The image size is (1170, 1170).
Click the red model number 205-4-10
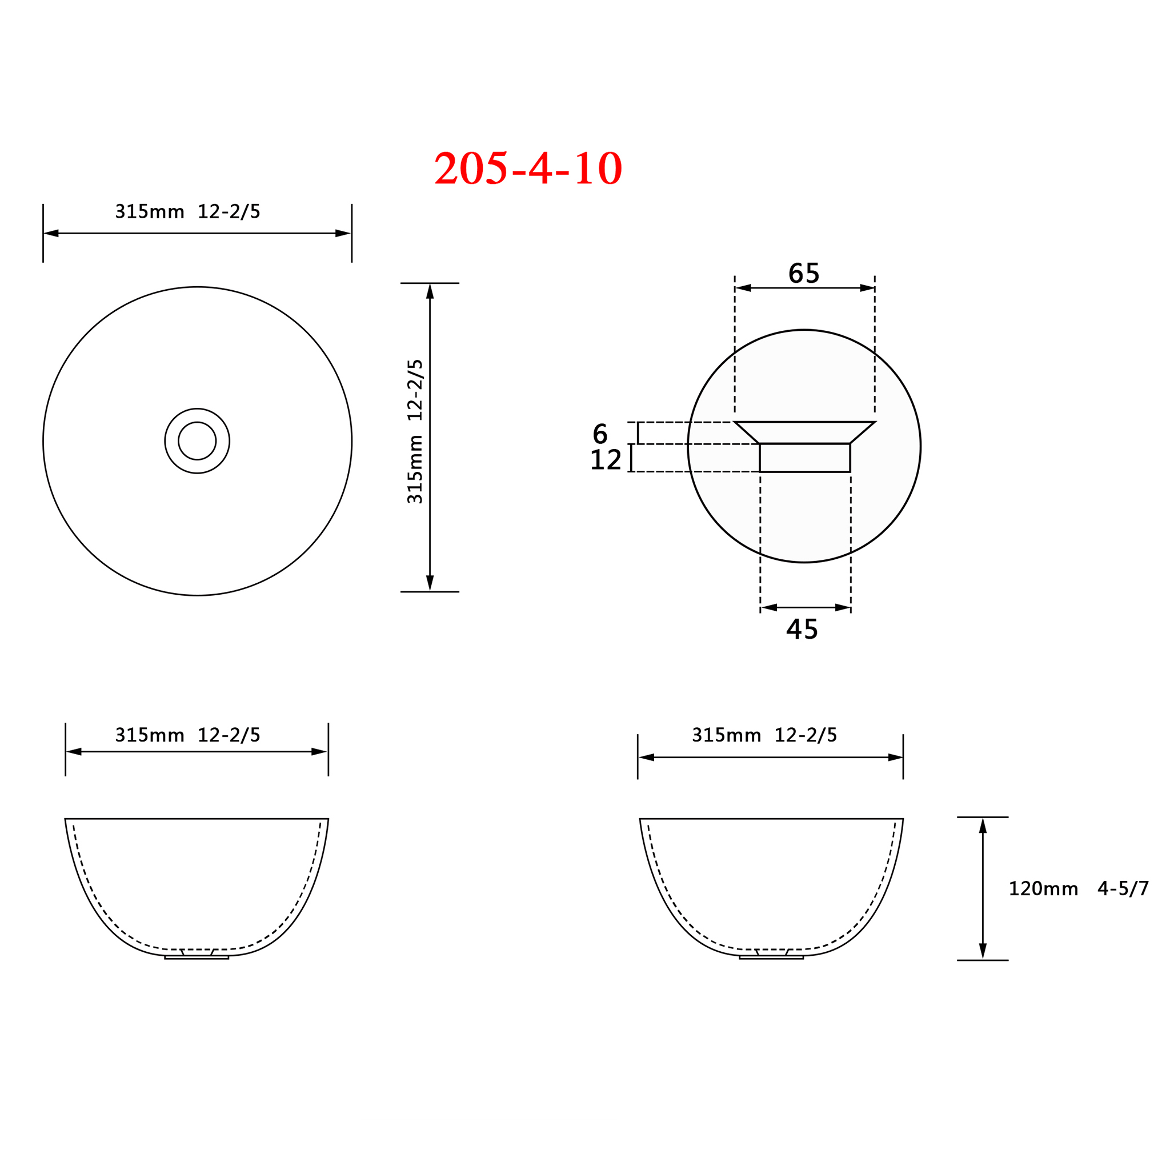(x=528, y=168)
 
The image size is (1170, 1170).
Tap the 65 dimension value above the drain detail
(x=804, y=273)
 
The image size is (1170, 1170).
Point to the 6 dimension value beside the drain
(x=600, y=434)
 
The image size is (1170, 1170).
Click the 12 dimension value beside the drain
(x=606, y=460)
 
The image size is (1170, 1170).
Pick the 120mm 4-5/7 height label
(x=1079, y=889)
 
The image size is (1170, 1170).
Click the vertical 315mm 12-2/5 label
(x=415, y=431)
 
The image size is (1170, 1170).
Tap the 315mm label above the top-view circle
(x=188, y=211)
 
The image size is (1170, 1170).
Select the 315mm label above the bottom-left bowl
(x=188, y=735)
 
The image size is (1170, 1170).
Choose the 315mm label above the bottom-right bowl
(x=764, y=735)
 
